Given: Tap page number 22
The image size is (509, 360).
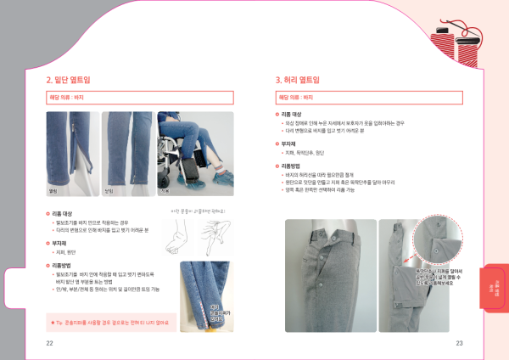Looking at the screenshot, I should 50,343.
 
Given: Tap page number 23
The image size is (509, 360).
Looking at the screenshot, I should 458,343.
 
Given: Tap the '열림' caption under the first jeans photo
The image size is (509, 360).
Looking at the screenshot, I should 53,190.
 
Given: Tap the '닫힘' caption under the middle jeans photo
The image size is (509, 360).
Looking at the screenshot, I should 108,190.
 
